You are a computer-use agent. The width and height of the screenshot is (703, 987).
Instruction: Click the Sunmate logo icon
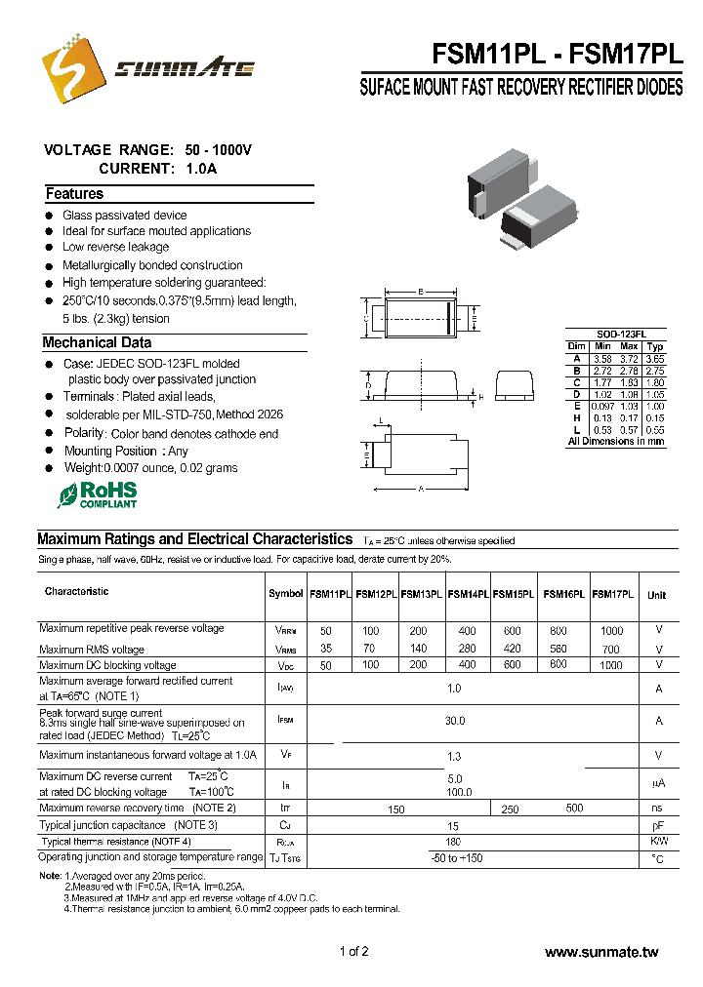pyautogui.click(x=73, y=66)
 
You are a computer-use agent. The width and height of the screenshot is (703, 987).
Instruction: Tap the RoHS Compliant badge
pyautogui.click(x=97, y=493)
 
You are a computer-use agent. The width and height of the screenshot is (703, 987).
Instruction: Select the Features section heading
pyautogui.click(x=74, y=194)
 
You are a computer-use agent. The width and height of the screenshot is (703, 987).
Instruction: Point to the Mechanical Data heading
pyautogui.click(x=97, y=343)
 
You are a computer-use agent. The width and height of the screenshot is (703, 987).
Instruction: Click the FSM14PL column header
pyautogui.click(x=468, y=594)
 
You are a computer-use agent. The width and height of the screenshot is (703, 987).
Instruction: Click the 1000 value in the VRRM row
pyautogui.click(x=611, y=631)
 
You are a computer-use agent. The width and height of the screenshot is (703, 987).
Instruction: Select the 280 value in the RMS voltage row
pyautogui.click(x=468, y=649)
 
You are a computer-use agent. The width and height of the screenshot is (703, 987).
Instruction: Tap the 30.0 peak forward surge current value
pyautogui.click(x=454, y=721)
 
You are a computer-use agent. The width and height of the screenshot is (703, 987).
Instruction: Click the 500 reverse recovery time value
pyautogui.click(x=574, y=808)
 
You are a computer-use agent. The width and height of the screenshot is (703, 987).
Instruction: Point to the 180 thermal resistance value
pyautogui.click(x=453, y=841)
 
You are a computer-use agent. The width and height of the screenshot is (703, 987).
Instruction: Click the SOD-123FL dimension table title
pyautogui.click(x=615, y=334)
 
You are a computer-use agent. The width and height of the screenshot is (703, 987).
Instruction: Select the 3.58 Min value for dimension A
pyautogui.click(x=602, y=359)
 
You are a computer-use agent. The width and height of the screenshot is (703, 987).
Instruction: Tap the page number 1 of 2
pyautogui.click(x=353, y=952)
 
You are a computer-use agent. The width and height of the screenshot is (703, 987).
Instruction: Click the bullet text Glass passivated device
pyautogui.click(x=124, y=215)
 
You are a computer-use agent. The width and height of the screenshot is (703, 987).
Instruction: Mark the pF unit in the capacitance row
pyautogui.click(x=659, y=825)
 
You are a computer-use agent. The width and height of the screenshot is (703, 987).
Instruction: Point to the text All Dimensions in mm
pyautogui.click(x=616, y=442)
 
